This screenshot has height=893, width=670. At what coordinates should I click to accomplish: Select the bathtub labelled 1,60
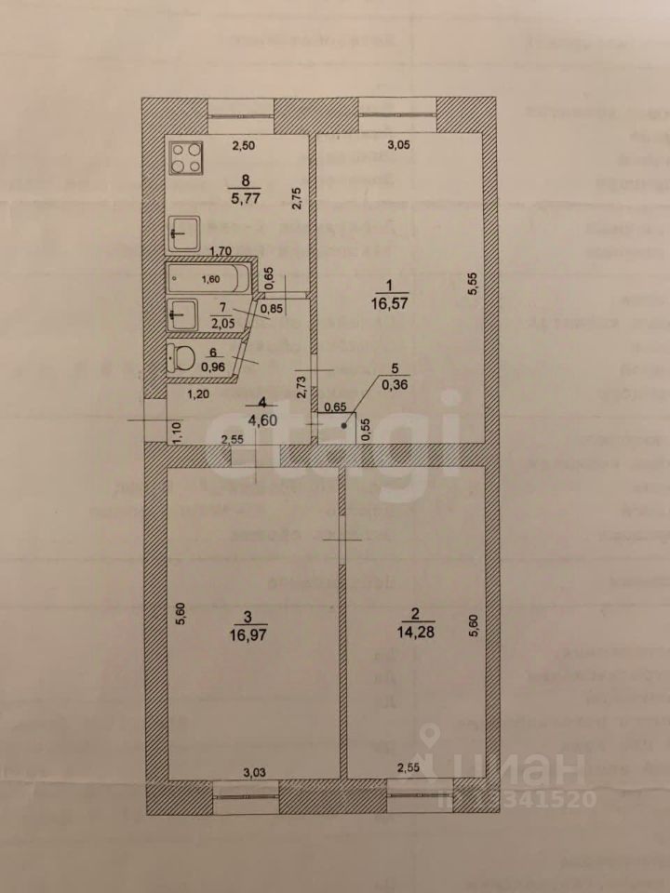[209, 279]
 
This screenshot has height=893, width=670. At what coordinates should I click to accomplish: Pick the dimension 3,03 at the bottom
[254, 771]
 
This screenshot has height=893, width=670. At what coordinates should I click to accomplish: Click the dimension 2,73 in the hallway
[301, 386]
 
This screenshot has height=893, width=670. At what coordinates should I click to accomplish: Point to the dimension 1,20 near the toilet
[195, 395]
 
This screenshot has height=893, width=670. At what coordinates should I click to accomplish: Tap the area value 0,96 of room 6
[215, 365]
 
